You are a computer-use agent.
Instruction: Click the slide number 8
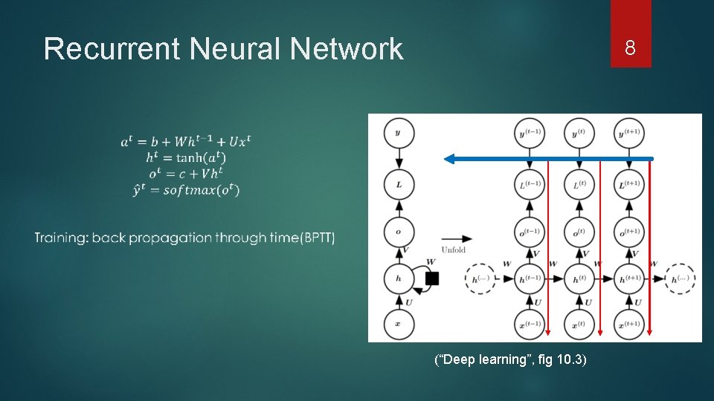pos(630,49)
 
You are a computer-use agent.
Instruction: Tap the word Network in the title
pos(347,50)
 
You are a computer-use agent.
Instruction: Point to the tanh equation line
pos(186,157)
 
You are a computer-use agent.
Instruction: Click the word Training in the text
pos(60,238)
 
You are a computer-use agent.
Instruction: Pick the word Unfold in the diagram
pos(453,250)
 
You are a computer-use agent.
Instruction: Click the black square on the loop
pos(431,279)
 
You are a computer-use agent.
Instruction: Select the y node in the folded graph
pos(399,134)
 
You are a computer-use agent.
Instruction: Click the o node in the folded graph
pos(399,231)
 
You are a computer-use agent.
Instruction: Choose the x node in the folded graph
pos(399,325)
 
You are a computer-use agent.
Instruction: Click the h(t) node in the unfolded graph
pos(579,279)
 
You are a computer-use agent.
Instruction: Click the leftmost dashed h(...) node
pos(480,279)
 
